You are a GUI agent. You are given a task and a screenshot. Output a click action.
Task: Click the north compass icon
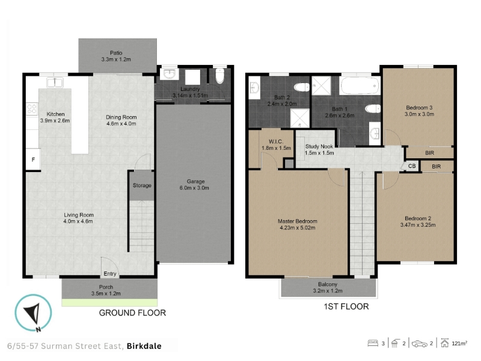pos(34,313)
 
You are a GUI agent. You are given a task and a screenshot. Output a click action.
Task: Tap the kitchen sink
pos(55,83)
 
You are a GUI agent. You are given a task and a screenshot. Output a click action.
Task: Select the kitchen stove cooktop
pos(32,109)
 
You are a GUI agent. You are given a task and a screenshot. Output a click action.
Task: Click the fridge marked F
pos(33,159)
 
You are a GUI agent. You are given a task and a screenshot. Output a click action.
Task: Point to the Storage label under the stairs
pos(142,185)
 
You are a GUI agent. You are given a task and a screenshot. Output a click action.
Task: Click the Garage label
pos(196,182)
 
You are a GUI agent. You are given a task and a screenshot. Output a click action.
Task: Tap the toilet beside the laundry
pos(220,76)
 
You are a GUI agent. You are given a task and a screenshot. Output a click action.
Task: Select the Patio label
pos(116,53)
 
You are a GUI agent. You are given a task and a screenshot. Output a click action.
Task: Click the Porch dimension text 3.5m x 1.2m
pos(106,294)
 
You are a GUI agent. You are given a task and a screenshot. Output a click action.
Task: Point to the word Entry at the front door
pos(110,274)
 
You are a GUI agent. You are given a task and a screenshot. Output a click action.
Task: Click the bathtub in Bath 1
pos(360,85)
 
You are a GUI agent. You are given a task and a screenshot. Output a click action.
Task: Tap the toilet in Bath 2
pos(302,87)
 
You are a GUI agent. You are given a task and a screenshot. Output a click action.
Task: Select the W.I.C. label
pos(276,141)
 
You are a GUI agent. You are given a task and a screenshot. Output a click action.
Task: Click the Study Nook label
pos(319,146)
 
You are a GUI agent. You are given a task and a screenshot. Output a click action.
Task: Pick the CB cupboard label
pos(412,166)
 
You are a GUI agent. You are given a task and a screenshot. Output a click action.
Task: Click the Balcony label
pos(328,284)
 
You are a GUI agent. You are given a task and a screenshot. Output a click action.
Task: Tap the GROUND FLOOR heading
pos(132,313)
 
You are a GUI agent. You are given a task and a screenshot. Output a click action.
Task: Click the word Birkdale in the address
pos(144,346)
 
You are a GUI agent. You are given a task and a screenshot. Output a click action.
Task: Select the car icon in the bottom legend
pos(419,344)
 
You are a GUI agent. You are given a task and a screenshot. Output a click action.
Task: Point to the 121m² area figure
pos(459,343)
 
